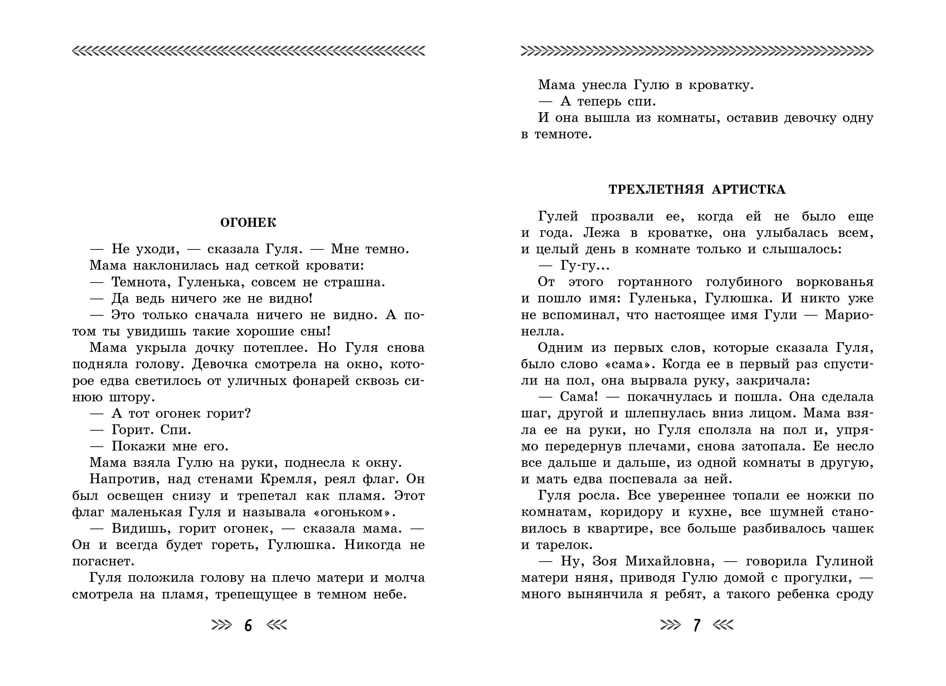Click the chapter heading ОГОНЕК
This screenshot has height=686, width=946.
(x=248, y=222)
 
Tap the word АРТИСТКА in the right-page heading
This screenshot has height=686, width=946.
(x=748, y=190)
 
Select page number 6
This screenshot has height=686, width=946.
(x=248, y=625)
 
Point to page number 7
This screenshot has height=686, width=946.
(x=697, y=625)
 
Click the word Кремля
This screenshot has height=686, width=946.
(x=286, y=479)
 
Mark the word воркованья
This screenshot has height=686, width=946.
(x=835, y=282)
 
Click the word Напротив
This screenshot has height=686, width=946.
(x=124, y=479)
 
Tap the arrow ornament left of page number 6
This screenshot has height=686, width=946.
(x=221, y=625)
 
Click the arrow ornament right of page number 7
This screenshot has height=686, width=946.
(x=723, y=625)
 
